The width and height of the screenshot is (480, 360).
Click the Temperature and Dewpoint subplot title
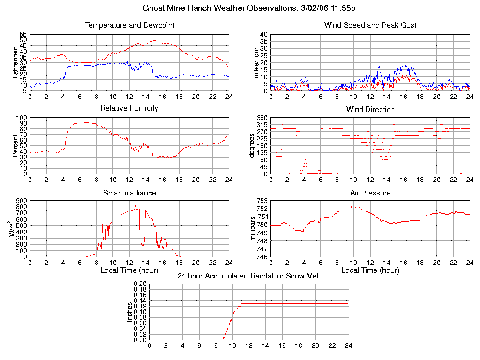[129, 25]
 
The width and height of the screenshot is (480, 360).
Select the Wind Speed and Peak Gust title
[370, 25]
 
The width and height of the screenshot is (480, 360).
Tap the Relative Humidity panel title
[129, 108]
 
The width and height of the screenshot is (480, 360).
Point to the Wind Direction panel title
[370, 109]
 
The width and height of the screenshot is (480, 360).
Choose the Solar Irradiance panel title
[129, 193]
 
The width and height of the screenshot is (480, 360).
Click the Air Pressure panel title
[370, 193]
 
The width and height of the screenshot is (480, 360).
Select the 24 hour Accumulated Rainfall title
[249, 276]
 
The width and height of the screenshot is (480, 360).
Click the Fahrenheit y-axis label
[15, 62]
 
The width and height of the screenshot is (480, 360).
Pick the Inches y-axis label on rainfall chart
[130, 312]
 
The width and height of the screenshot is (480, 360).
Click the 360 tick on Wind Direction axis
[262, 118]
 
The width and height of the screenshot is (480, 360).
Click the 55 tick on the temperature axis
[23, 35]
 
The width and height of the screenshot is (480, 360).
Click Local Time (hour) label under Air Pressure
[370, 270]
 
